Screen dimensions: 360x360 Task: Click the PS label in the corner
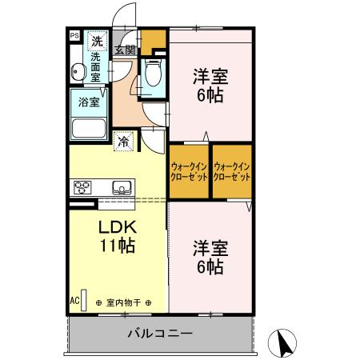pyautogui.click(x=74, y=36)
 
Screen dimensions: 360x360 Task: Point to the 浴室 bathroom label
pyautogui.click(x=89, y=102)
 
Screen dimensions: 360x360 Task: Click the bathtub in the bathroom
pyautogui.click(x=89, y=129)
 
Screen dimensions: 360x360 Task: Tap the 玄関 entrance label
pyautogui.click(x=124, y=50)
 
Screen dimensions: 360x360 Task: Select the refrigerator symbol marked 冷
pyautogui.click(x=125, y=141)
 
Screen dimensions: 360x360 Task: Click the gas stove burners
pyautogui.click(x=83, y=188)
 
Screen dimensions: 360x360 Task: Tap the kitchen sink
pyautogui.click(x=122, y=188)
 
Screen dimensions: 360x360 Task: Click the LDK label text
pyautogui.click(x=119, y=226)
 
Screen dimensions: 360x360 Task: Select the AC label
pyautogui.click(x=74, y=301)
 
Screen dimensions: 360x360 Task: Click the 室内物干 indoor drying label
pyautogui.click(x=124, y=302)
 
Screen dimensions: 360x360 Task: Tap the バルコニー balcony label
pyautogui.click(x=159, y=333)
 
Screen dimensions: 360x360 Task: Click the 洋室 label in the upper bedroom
pyautogui.click(x=210, y=78)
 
